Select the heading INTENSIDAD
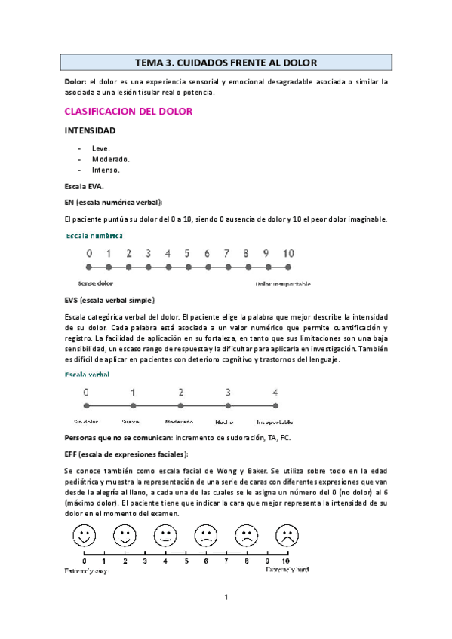(90, 130)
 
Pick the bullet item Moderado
(110, 159)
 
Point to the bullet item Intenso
(106, 170)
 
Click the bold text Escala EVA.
(85, 185)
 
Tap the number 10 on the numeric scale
(288, 254)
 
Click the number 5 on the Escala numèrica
(187, 254)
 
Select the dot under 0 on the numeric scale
(89, 267)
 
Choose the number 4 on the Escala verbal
(275, 392)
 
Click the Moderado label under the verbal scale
(180, 422)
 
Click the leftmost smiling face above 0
(84, 537)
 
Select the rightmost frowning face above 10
(285, 537)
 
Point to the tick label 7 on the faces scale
(226, 561)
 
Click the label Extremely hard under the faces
(286, 570)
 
